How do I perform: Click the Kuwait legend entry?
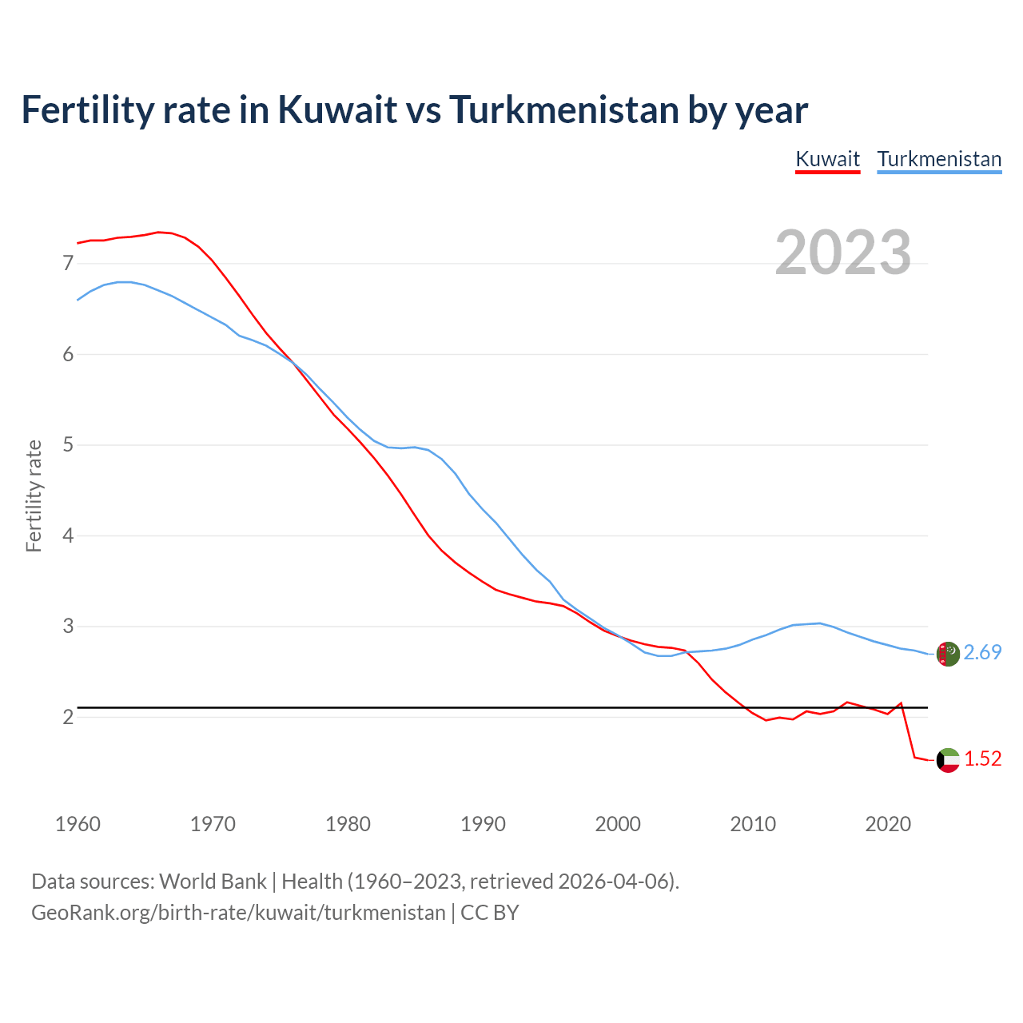click(x=827, y=159)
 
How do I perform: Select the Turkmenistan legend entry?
click(x=939, y=159)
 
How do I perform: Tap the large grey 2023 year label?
click(x=843, y=253)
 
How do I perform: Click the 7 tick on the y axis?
click(x=68, y=263)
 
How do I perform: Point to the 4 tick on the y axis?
click(x=68, y=535)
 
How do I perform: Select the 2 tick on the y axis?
click(x=68, y=717)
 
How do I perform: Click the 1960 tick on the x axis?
click(x=78, y=824)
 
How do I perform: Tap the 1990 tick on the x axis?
click(x=483, y=824)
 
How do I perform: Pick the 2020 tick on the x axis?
click(x=888, y=824)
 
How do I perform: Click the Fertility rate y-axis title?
click(x=34, y=496)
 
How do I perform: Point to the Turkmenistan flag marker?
click(x=947, y=654)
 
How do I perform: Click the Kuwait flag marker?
click(x=947, y=760)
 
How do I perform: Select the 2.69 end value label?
click(x=982, y=653)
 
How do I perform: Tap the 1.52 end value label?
click(x=982, y=759)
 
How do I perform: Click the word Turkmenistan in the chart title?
click(x=563, y=109)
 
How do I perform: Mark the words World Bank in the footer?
click(x=213, y=882)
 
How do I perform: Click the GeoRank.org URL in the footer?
click(x=238, y=913)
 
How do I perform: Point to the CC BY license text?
click(x=490, y=913)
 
